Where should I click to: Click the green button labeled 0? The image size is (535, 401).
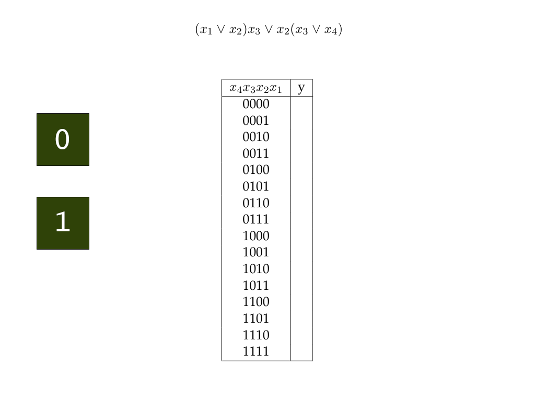[63, 140]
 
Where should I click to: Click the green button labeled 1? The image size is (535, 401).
[63, 223]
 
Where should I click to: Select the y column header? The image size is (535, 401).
[301, 88]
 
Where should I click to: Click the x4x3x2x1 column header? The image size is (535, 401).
[255, 88]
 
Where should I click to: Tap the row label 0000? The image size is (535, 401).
[256, 104]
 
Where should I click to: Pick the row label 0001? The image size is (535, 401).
[256, 121]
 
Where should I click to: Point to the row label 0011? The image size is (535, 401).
[256, 154]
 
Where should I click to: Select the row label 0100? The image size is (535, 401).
[256, 170]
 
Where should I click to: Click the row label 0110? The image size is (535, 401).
[256, 203]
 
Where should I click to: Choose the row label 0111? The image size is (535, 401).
[256, 219]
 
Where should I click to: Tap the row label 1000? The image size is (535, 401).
[256, 236]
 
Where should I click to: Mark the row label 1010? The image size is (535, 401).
[256, 269]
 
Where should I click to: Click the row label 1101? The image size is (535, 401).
[256, 319]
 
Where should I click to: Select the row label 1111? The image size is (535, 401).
[256, 351]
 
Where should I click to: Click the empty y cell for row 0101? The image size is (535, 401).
[301, 186]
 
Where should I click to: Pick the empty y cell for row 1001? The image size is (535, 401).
[301, 252]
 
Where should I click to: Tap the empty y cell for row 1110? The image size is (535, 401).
[301, 335]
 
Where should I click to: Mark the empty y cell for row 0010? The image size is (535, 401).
[301, 137]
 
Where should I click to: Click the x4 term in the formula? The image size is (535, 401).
[331, 30]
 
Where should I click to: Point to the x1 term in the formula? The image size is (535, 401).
[206, 30]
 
